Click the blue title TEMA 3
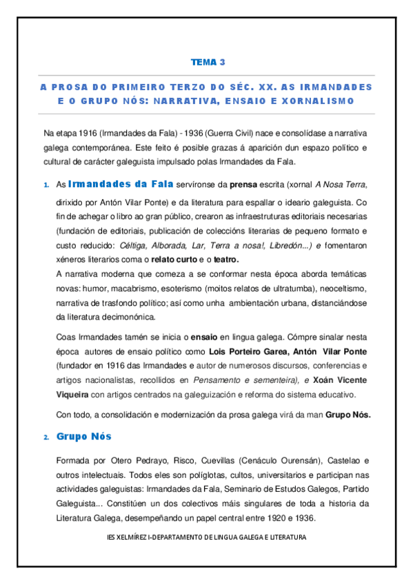click(208, 63)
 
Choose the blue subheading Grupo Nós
click(83, 437)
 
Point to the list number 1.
click(46, 185)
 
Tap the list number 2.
click(46, 438)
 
